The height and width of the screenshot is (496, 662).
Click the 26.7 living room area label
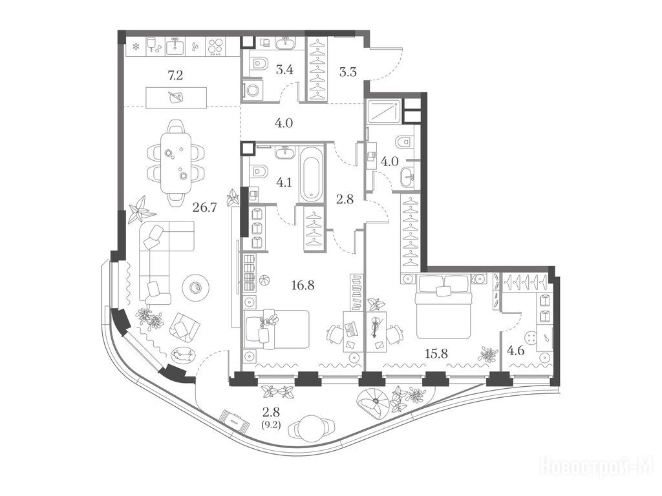pos(205,207)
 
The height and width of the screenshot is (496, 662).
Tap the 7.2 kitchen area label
pos(175,76)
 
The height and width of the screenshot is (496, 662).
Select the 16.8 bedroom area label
pos(303,285)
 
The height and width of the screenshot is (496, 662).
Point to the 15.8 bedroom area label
pos(436,353)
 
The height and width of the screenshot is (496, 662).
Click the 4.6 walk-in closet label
pos(515,351)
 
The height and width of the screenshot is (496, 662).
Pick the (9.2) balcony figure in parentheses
pos(271,422)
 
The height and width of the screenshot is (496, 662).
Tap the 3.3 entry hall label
pos(348,72)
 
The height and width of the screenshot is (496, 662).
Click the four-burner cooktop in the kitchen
pos(216,46)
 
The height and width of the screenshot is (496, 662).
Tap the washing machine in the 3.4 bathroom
pos(253,90)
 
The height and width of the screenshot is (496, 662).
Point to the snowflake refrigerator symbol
pos(136,46)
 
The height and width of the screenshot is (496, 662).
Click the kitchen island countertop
pos(176,98)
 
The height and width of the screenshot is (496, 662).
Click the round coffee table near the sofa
pos(195,287)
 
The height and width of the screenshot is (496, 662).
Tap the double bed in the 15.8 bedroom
pos(443,305)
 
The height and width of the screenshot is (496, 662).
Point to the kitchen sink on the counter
pos(175,46)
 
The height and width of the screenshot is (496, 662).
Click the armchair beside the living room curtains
pos(184,325)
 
